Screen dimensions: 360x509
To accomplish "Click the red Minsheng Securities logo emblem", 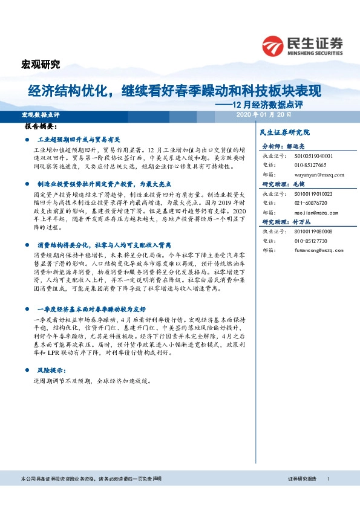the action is (272, 45).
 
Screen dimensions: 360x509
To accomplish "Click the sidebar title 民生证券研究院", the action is (284, 132).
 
